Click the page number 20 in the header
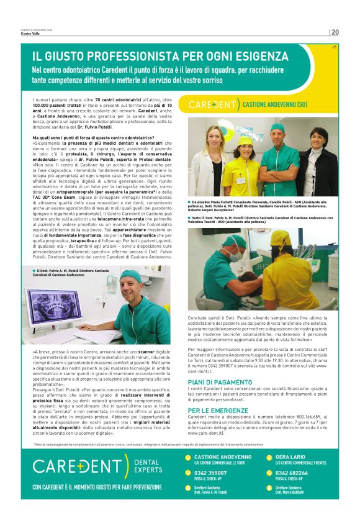point(335,32)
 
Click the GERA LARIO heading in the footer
point(289,457)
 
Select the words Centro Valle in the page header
point(30,34)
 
